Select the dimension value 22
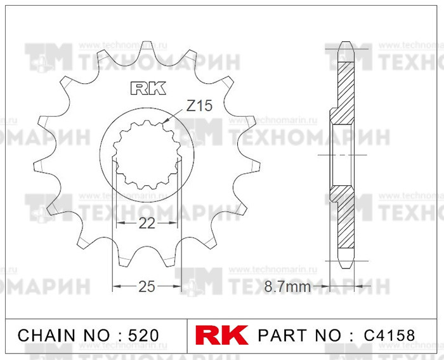147,223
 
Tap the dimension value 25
147,286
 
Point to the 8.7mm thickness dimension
287,287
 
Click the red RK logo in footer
223,335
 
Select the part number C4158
389,335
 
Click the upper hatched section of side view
343,89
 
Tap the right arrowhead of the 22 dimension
173,223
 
